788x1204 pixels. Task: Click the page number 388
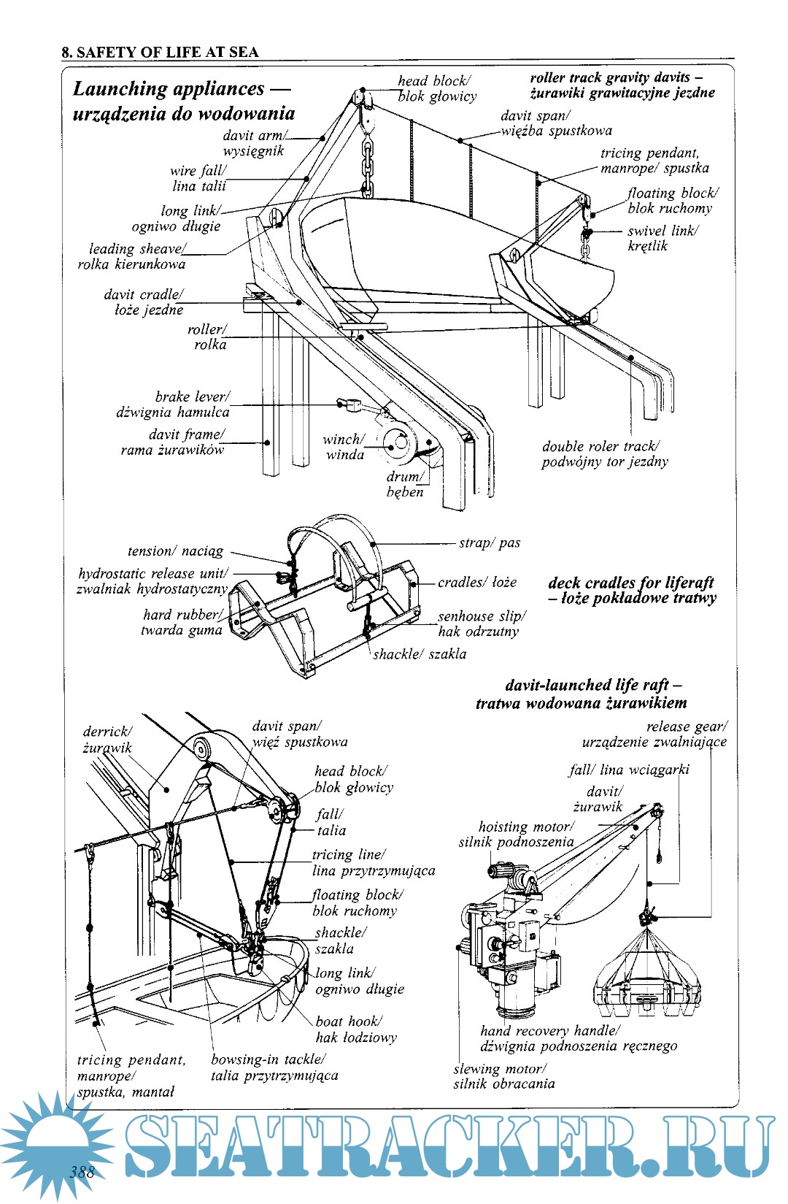click(x=82, y=1173)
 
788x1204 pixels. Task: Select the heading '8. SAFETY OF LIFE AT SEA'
click(x=160, y=52)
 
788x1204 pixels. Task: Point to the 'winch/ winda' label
click(x=344, y=447)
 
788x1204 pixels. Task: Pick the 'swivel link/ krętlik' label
click(x=663, y=238)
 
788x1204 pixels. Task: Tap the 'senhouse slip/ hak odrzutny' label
click(x=480, y=624)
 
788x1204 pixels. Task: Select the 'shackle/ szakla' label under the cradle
click(x=419, y=654)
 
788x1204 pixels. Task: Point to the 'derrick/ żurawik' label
click(x=107, y=739)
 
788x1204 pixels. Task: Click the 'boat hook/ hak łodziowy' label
click(x=355, y=1029)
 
